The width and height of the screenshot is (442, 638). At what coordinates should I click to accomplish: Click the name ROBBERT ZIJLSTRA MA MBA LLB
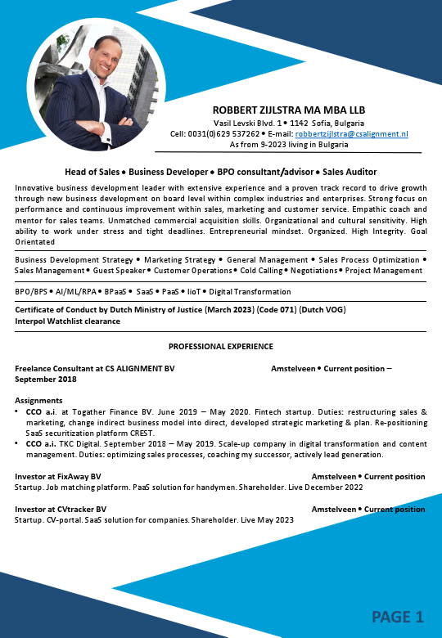[288, 110]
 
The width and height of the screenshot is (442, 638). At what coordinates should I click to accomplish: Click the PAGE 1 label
[398, 616]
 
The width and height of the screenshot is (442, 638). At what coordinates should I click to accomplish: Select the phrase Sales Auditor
[350, 172]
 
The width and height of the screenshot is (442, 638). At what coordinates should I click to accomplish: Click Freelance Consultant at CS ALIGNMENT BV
[95, 369]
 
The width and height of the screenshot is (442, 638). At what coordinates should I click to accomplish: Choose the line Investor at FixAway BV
[58, 476]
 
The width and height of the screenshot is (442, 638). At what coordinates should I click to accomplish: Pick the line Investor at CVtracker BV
[61, 509]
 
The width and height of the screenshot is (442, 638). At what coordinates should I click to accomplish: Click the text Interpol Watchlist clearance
[68, 321]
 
